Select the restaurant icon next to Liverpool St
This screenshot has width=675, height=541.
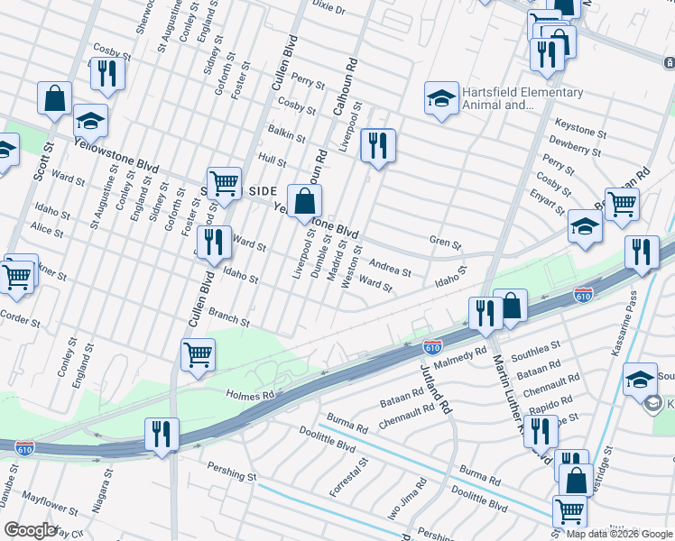[377, 145]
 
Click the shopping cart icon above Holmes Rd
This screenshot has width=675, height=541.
[198, 353]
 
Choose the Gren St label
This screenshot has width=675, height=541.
[445, 243]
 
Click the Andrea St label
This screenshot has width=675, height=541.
[391, 269]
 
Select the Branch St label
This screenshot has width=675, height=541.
[229, 316]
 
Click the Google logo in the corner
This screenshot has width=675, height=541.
[30, 529]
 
